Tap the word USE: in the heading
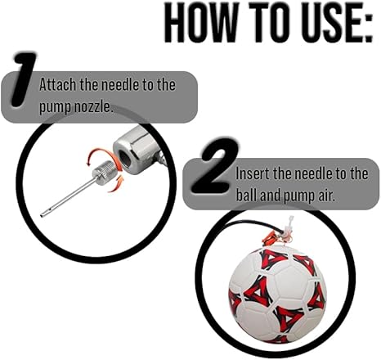click(x=327, y=24)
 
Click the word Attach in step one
click(x=58, y=84)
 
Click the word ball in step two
click(x=249, y=196)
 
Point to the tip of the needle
click(x=43, y=214)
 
